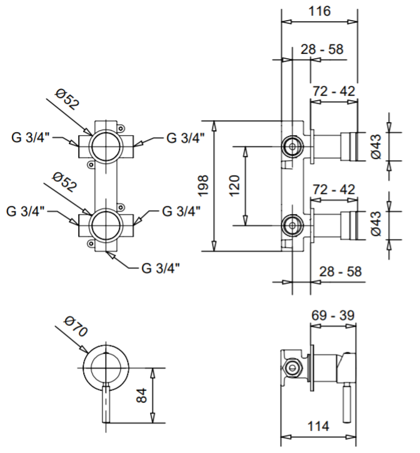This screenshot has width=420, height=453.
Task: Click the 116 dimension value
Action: click(319, 11)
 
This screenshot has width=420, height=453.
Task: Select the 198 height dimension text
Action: click(204, 186)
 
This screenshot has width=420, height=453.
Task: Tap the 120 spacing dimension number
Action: click(234, 186)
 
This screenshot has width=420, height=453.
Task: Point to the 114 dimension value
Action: click(318, 426)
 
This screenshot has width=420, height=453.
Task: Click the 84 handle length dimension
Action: click(141, 395)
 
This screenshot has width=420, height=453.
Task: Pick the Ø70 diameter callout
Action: click(76, 327)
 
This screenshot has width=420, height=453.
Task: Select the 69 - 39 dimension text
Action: click(332, 315)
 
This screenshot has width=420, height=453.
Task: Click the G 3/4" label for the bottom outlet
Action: click(161, 268)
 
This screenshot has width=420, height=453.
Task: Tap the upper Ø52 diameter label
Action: click(67, 99)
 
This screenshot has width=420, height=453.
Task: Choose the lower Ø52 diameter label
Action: click(65, 181)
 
